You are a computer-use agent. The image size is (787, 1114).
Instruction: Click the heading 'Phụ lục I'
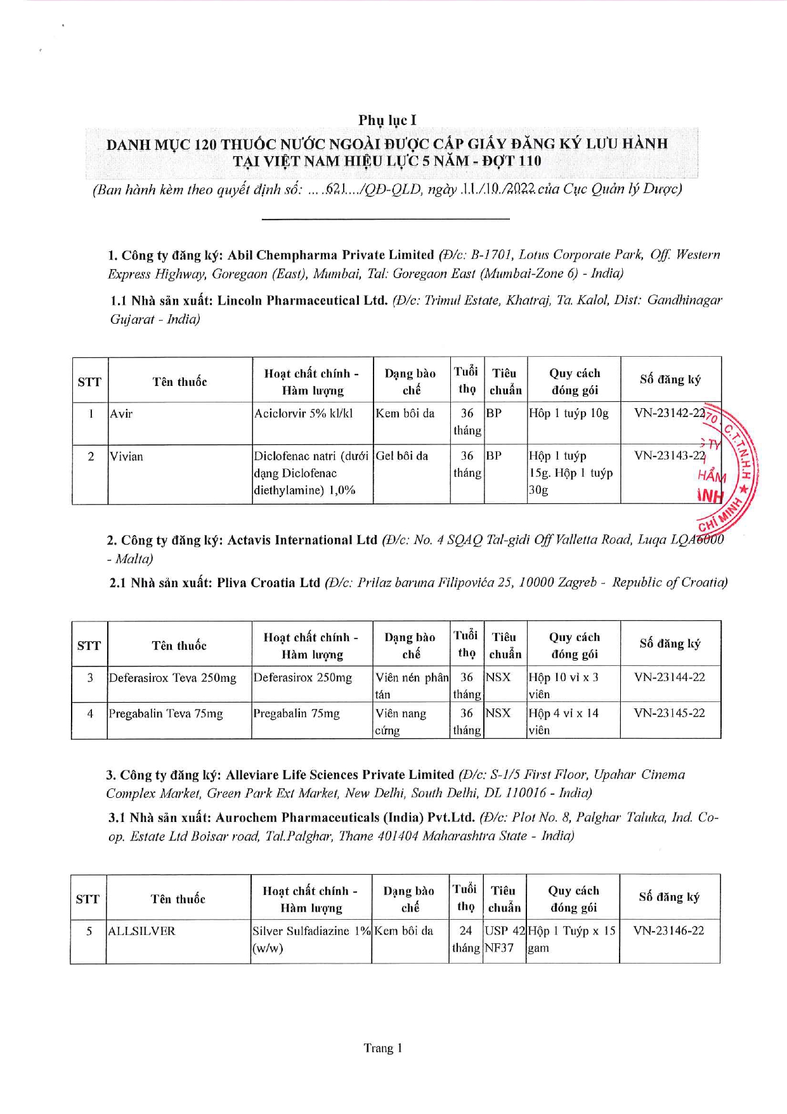point(387,120)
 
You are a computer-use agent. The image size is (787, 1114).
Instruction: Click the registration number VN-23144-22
point(669,677)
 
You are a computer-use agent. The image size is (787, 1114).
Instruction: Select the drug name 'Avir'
point(121,414)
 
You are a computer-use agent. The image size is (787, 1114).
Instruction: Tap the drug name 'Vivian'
point(126,456)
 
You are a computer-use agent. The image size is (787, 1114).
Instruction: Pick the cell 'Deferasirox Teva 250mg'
point(172,678)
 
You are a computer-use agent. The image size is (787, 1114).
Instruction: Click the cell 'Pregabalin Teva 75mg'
point(166,713)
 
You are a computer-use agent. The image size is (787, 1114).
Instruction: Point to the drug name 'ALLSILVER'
point(141,931)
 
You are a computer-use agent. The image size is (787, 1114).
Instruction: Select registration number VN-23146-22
point(668,931)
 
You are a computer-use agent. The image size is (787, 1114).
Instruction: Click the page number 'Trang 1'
point(383,1048)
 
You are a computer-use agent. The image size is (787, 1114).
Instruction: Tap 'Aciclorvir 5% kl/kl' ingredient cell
point(303,414)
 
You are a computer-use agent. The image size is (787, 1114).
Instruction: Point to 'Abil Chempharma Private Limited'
point(330,255)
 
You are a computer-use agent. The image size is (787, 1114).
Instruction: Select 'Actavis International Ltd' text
point(302,540)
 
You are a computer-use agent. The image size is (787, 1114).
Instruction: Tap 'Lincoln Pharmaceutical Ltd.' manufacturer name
point(302,300)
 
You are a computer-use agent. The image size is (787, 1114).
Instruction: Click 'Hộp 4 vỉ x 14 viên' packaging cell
point(563,721)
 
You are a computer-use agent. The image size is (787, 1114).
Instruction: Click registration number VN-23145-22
point(669,713)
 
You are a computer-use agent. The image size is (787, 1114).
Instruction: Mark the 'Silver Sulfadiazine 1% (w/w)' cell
point(311,939)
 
